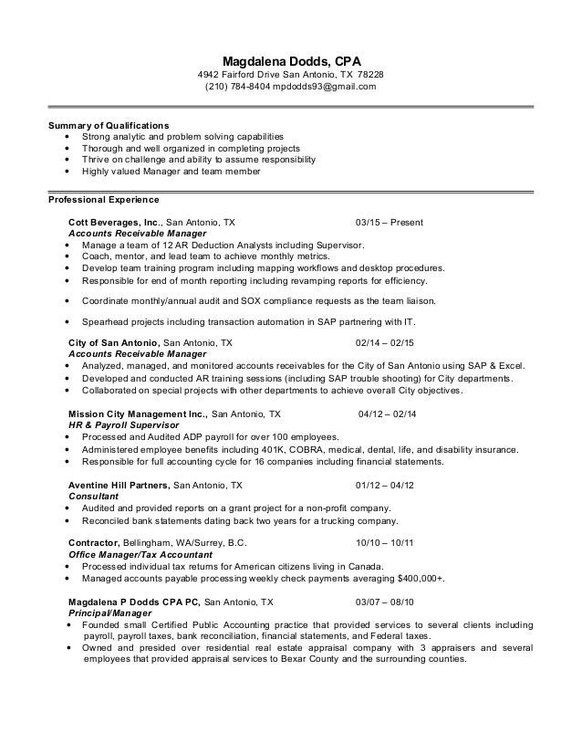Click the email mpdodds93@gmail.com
(x=329, y=87)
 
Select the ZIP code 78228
(x=369, y=74)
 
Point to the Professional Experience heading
(x=103, y=199)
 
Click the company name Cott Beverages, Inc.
(x=114, y=223)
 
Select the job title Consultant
(x=94, y=496)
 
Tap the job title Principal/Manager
(x=108, y=613)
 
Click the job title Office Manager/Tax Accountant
(x=140, y=555)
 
